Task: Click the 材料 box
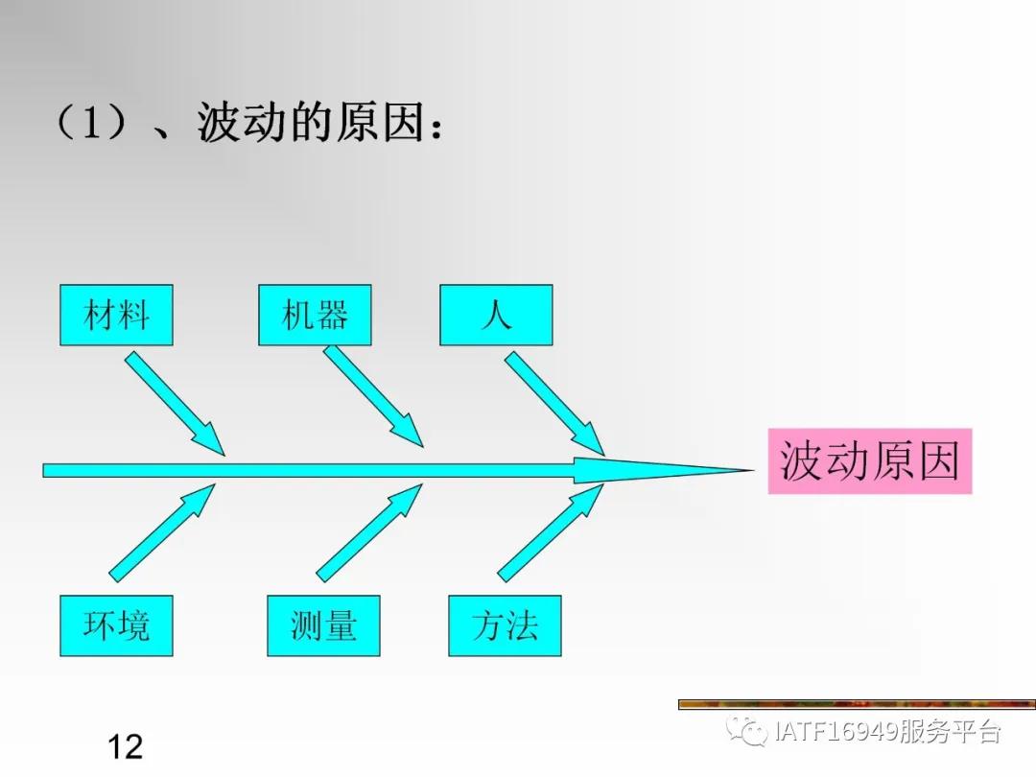(116, 315)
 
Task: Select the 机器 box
(315, 315)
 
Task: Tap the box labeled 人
(496, 315)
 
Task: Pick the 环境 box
(116, 625)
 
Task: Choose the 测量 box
(323, 625)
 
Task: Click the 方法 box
(505, 625)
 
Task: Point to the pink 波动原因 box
(869, 461)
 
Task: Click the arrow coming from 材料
(173, 401)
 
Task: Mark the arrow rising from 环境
(161, 533)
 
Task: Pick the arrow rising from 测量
(368, 533)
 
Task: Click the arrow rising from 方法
(550, 533)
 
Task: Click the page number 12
(126, 746)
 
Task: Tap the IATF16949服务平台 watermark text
(886, 733)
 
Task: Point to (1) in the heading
(92, 124)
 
